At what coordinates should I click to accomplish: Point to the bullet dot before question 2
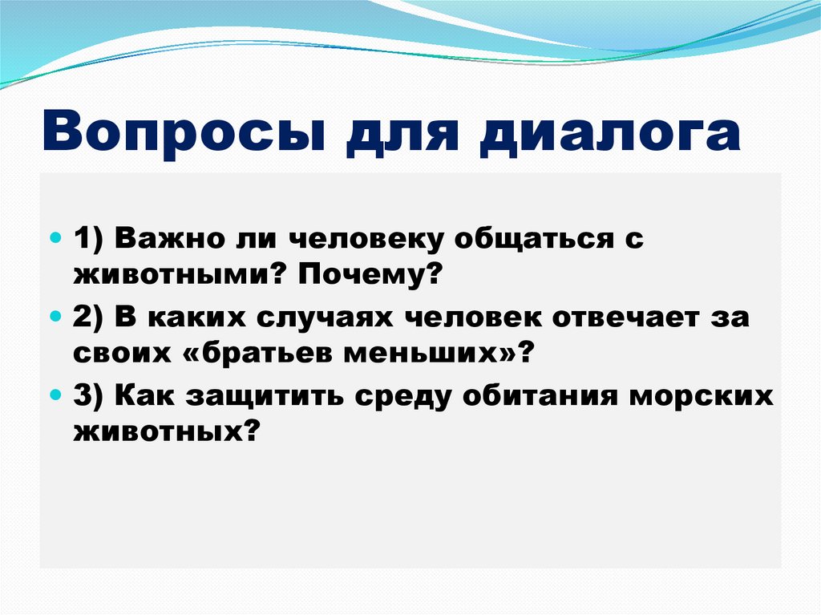[55, 318]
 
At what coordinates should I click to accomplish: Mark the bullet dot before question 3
[55, 396]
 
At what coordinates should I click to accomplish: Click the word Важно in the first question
[165, 240]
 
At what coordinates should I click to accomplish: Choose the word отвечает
[624, 318]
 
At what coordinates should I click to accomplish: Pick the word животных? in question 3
[168, 433]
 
